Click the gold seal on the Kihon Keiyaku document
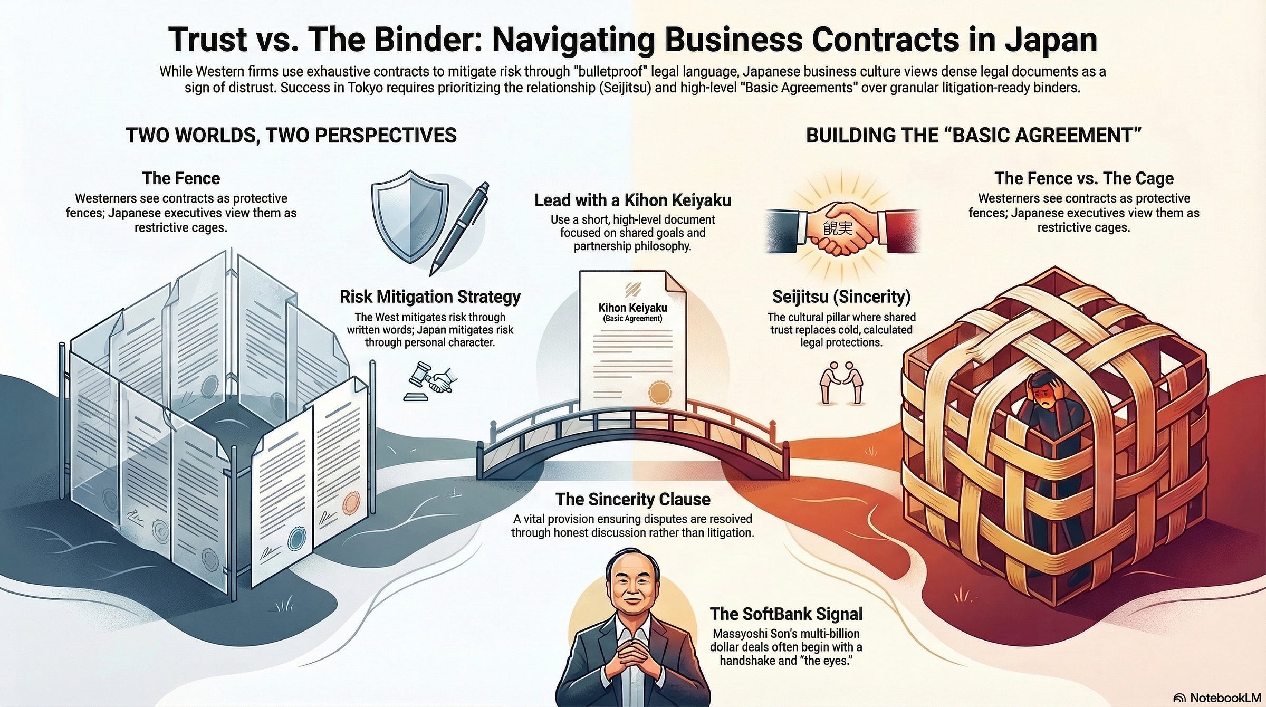(659, 392)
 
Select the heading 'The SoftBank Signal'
(786, 614)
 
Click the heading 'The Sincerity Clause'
(632, 499)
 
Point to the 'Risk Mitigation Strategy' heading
(430, 297)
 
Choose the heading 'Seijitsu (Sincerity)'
(841, 297)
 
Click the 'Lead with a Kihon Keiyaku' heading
(632, 200)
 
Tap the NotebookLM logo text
(1223, 697)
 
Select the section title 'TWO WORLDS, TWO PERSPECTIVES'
(291, 136)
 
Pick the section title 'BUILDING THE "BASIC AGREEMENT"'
(973, 136)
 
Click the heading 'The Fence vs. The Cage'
(1084, 178)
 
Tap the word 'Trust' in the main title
(207, 40)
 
